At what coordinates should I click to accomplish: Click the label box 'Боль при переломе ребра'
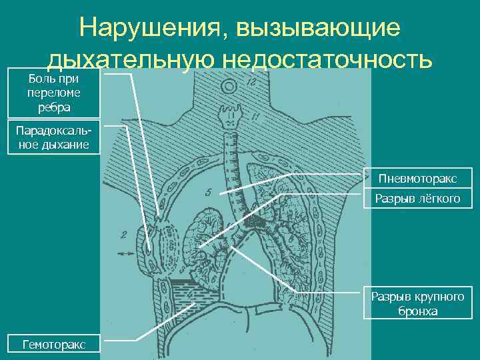[x=53, y=93]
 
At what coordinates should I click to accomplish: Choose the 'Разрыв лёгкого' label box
[x=417, y=198]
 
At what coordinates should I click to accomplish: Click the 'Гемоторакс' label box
[x=53, y=345]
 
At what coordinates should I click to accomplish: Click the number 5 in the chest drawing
[x=208, y=193]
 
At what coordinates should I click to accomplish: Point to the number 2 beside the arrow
[x=123, y=234]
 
